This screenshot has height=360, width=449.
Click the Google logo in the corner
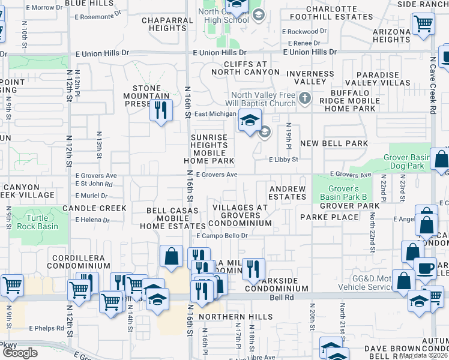[x=20, y=352]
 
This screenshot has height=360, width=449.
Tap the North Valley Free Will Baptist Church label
[x=264, y=98]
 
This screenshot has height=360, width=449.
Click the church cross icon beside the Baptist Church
[x=305, y=98]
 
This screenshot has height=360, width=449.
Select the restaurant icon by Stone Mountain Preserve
[x=160, y=110]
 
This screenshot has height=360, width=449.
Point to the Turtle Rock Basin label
[x=41, y=222]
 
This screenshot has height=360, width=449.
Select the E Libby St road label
[x=283, y=160]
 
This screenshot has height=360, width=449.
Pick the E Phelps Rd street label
[x=46, y=328]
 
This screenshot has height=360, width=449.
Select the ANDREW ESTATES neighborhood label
[x=287, y=193]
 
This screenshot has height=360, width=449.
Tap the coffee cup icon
[x=425, y=269]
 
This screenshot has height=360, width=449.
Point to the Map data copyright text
[x=424, y=355]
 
